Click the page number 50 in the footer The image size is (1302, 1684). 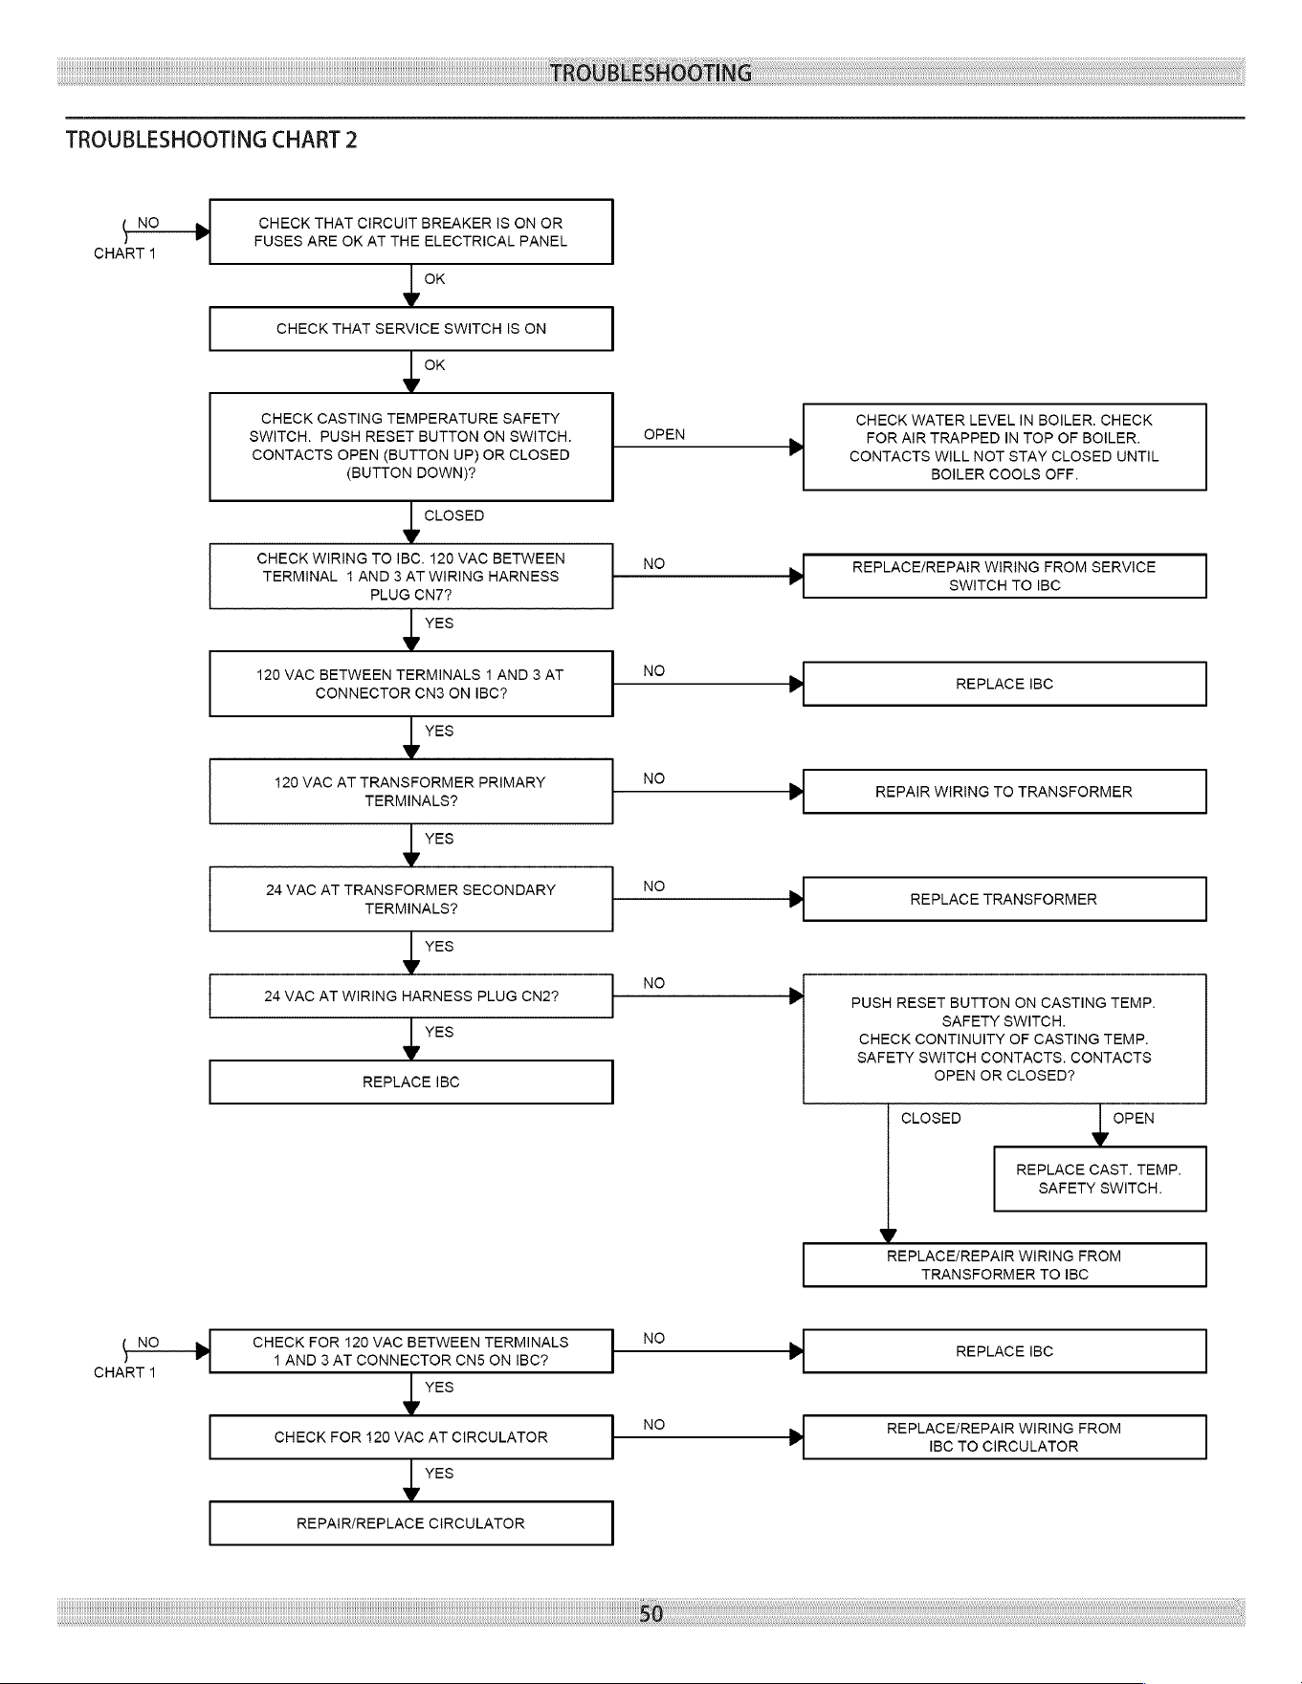(x=651, y=1614)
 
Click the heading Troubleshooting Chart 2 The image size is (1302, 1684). (x=211, y=140)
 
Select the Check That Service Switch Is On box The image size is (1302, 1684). (x=411, y=329)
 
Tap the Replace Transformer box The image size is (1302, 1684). (x=1004, y=899)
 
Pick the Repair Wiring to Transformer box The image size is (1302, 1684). (x=1004, y=792)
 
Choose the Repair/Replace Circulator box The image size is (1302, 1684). (x=411, y=1523)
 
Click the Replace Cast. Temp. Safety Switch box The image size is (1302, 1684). (x=1100, y=1178)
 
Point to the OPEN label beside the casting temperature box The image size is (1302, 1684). (x=664, y=435)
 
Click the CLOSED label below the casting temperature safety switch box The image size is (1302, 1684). (x=454, y=515)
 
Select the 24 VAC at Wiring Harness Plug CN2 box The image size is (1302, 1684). (x=411, y=995)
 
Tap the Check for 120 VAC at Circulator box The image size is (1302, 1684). (x=411, y=1437)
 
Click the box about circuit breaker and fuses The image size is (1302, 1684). (x=411, y=231)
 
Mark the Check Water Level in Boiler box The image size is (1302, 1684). (x=1004, y=447)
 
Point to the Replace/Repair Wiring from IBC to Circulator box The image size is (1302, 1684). (x=1004, y=1437)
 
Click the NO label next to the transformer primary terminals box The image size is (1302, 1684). (x=654, y=778)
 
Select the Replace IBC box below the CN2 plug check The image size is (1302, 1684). (x=411, y=1082)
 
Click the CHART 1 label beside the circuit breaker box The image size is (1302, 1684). (x=124, y=253)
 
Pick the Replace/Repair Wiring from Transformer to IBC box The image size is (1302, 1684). (x=1004, y=1265)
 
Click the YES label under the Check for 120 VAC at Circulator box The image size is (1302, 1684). (x=439, y=1474)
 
